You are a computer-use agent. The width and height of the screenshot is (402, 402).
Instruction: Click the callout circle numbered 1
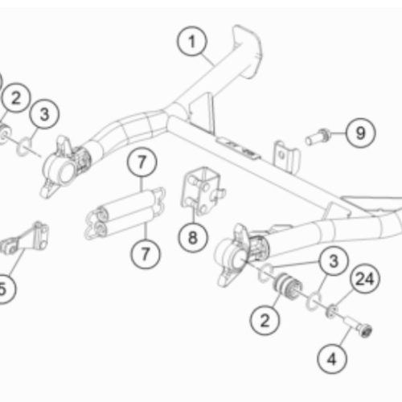(x=192, y=41)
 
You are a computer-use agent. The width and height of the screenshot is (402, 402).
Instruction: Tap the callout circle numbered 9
(x=360, y=133)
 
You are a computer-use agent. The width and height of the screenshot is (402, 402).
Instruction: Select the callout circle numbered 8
(x=193, y=238)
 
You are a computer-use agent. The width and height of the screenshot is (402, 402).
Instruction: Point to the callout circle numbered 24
(x=365, y=279)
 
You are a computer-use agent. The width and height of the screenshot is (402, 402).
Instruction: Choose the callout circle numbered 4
(x=332, y=359)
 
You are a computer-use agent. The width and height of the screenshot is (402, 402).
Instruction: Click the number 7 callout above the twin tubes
(x=142, y=162)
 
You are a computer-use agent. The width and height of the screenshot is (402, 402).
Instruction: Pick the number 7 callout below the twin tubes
(x=146, y=254)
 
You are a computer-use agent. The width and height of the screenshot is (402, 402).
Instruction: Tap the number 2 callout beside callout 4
(x=265, y=320)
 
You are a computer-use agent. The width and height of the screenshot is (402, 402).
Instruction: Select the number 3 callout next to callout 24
(x=334, y=260)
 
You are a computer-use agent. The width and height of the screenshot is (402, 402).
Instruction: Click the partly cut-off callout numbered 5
(x=6, y=289)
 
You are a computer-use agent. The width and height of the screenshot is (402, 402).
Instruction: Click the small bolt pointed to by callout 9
(x=318, y=137)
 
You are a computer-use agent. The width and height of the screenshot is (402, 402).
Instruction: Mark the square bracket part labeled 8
(x=203, y=191)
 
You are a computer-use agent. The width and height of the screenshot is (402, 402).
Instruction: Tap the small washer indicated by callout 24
(x=332, y=311)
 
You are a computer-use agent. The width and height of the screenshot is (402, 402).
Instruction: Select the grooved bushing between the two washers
(x=287, y=288)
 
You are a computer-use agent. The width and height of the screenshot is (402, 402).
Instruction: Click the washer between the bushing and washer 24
(x=314, y=301)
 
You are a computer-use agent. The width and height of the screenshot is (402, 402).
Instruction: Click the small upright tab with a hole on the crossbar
(x=286, y=157)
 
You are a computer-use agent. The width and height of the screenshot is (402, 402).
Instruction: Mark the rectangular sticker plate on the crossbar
(x=239, y=149)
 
